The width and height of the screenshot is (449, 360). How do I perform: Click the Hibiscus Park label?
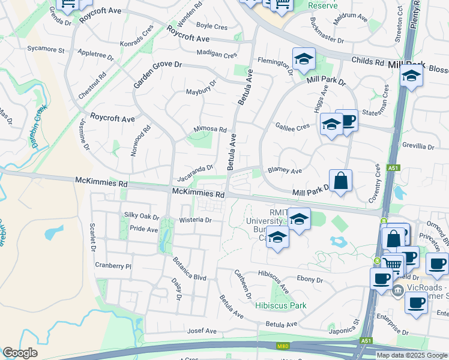(280, 305)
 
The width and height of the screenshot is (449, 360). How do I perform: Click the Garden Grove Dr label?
(157, 72)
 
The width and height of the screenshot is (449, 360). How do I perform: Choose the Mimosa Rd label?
(209, 129)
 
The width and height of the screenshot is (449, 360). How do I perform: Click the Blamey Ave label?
(285, 170)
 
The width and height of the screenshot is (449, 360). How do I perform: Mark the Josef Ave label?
(202, 331)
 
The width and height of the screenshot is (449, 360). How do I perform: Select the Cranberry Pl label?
(113, 265)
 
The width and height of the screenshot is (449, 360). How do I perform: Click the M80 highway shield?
(283, 346)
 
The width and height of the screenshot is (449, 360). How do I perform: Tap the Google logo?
(20, 353)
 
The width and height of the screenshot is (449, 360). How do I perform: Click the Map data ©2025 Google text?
(412, 355)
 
